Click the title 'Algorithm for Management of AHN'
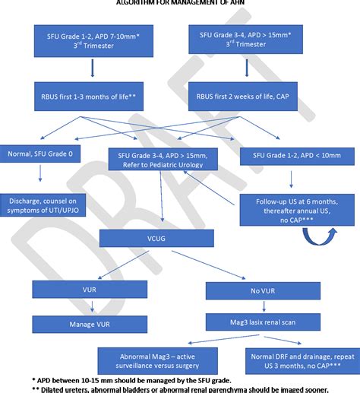[180, 3]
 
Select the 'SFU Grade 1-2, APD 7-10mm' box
[92, 41]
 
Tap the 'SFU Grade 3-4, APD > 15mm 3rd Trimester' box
[245, 41]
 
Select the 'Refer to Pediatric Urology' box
[164, 160]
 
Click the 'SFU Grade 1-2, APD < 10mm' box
[289, 155]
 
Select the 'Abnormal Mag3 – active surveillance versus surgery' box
[155, 360]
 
